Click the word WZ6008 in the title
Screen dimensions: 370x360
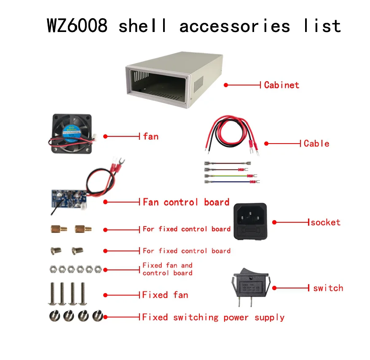pos(77,26)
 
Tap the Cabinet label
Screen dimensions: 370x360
pos(282,85)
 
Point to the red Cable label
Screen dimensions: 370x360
pos(316,143)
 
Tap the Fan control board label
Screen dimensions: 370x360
pos(186,202)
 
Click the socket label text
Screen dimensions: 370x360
pos(325,222)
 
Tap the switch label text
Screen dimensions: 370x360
pos(328,288)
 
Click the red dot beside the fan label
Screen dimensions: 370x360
pos(106,136)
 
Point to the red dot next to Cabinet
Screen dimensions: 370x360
pos(226,85)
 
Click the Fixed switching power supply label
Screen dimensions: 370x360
pos(213,317)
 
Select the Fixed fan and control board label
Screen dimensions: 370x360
pos(167,269)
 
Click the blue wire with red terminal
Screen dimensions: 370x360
pos(231,182)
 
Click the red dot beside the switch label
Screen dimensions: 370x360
pos(274,288)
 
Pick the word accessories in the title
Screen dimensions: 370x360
pos(235,26)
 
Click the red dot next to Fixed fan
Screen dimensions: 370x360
pos(106,295)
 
